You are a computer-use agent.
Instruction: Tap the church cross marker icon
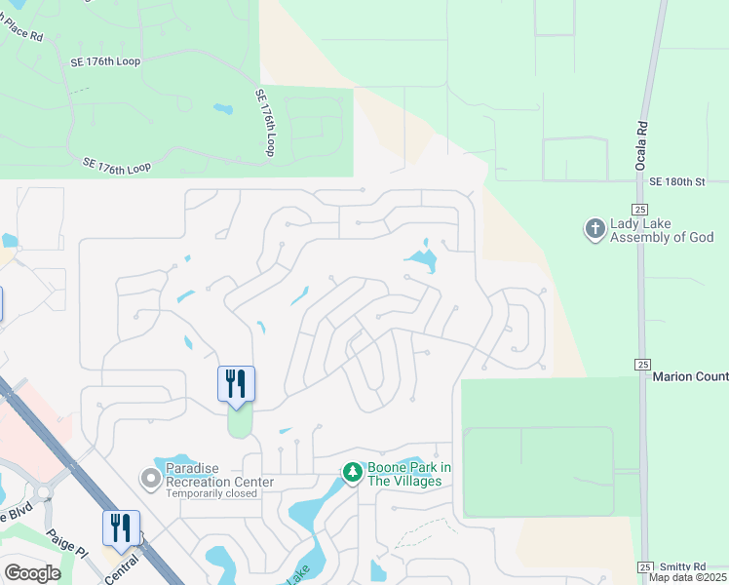[x=594, y=230]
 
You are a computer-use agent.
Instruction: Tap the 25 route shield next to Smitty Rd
[x=644, y=566]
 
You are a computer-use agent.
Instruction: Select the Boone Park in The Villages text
[x=409, y=475]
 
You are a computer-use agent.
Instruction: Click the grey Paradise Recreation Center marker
[x=150, y=478]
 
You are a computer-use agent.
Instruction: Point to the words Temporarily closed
[x=211, y=493]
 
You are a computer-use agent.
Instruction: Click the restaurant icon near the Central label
[x=121, y=527]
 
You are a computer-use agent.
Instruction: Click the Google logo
[x=32, y=573]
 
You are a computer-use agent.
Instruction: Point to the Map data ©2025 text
[x=688, y=577]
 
